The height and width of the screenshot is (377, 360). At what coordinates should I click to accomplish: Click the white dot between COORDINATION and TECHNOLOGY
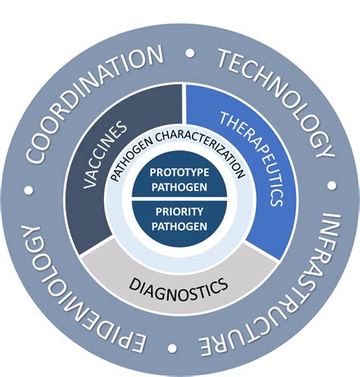tap(190, 53)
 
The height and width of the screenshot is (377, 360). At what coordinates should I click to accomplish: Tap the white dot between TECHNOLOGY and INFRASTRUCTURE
tap(332, 185)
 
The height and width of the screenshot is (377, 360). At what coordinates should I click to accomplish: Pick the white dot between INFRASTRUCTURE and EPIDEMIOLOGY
tap(172, 347)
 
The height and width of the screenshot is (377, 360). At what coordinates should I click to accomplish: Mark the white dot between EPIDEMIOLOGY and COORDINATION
tap(29, 190)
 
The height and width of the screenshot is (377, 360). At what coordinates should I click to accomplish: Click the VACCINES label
tap(104, 155)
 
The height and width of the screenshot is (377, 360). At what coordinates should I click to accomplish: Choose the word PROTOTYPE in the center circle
tap(179, 172)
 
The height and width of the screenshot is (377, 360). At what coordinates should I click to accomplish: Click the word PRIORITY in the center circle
tap(179, 212)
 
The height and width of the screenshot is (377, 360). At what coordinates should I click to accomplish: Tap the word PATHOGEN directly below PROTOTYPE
tap(179, 187)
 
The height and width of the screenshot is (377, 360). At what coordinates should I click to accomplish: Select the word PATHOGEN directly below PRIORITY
tap(179, 226)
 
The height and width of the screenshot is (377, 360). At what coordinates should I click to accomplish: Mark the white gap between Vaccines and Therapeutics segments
tap(184, 104)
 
